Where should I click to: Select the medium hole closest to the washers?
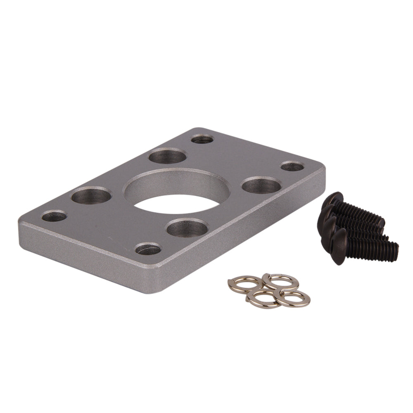point(187,228)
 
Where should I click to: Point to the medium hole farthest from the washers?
point(167,157)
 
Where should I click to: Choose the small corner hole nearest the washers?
point(148,249)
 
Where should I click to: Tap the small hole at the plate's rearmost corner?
point(202,139)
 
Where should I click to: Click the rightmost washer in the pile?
point(294,298)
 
